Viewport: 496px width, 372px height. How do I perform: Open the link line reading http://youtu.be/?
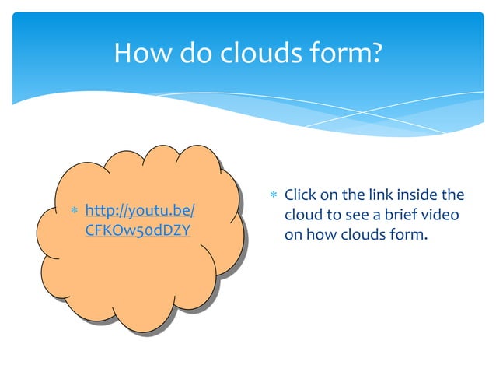[x=139, y=211]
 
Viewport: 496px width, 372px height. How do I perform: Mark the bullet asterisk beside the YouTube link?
[x=72, y=212]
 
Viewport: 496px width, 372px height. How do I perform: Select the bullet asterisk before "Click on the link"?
[x=272, y=195]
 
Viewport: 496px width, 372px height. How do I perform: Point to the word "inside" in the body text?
[x=421, y=195]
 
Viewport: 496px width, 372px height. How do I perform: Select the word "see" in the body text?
[x=358, y=214]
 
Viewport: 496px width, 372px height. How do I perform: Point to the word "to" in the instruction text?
[x=334, y=214]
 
